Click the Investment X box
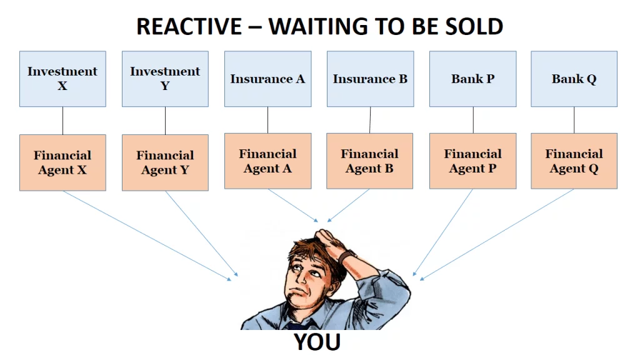coord(62,79)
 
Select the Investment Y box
coord(165,79)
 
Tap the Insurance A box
coord(267,79)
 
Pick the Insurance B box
coord(370,79)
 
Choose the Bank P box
coord(472,79)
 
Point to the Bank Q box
coord(574,79)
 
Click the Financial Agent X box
coord(62,162)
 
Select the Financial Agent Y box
coord(165,162)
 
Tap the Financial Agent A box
coord(267,161)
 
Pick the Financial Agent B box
coord(370,161)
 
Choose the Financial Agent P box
coord(472,161)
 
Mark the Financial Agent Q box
coord(574,161)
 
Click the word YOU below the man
coord(317,342)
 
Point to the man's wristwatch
coord(347,256)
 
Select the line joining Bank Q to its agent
coord(574,120)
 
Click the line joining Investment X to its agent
coord(62,121)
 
